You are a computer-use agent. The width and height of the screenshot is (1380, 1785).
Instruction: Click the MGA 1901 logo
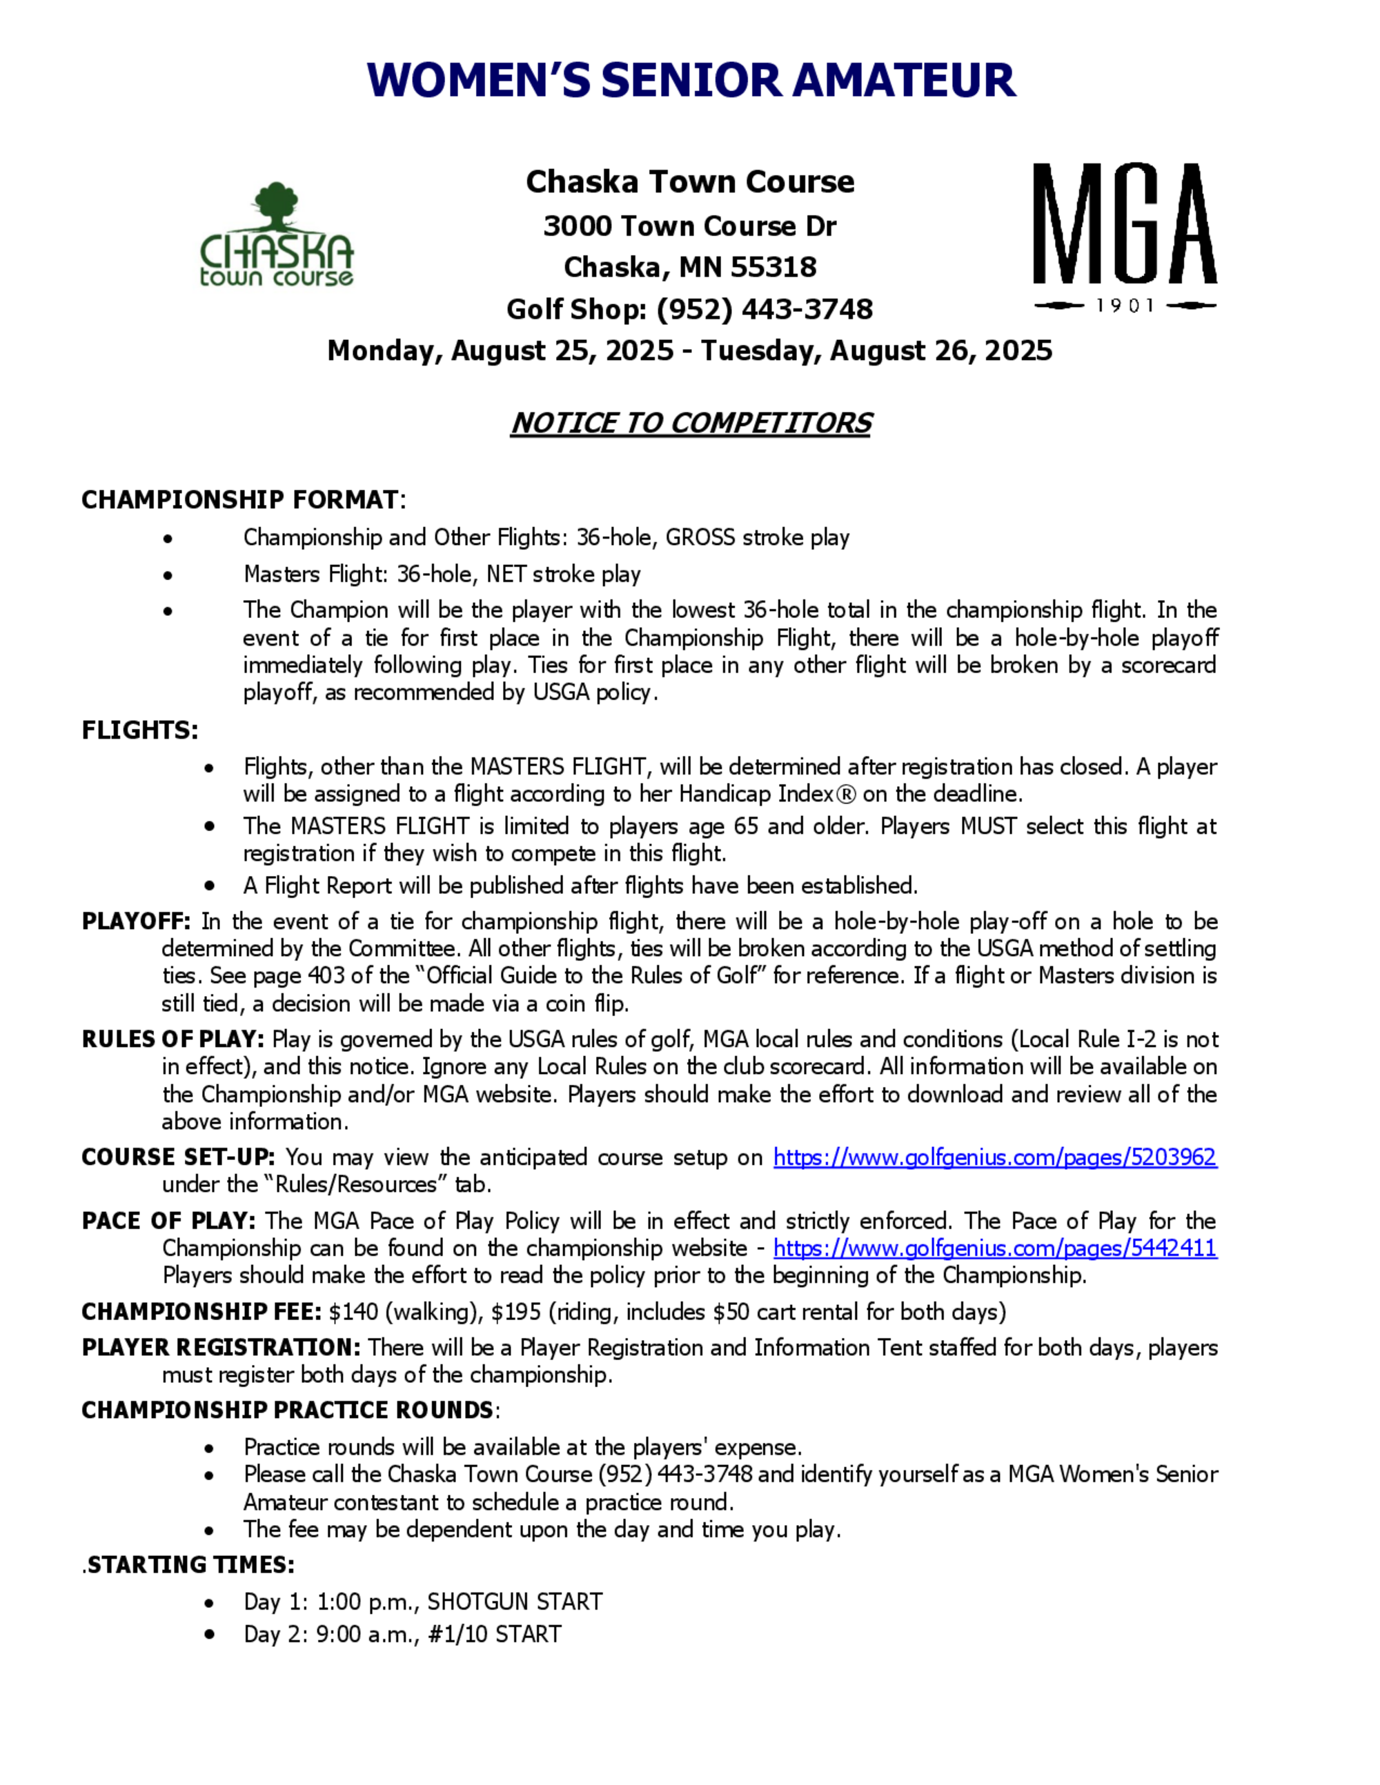[x=1125, y=237]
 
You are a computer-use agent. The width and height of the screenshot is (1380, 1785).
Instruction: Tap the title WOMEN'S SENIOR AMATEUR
[x=691, y=80]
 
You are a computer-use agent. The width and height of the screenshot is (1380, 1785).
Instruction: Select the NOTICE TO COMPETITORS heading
[x=691, y=423]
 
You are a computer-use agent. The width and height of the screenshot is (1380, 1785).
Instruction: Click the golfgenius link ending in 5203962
[x=995, y=1157]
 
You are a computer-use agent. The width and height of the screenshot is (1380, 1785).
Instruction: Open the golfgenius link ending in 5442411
[x=995, y=1248]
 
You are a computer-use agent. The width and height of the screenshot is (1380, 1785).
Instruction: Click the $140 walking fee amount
[x=353, y=1312]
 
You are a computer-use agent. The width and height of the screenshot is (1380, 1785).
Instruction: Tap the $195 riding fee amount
[x=516, y=1312]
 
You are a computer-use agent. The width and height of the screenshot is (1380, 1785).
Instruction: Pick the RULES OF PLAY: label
[x=172, y=1039]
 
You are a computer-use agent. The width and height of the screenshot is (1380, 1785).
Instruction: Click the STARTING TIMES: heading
[x=190, y=1564]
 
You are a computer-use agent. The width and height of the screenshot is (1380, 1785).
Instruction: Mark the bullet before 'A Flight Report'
[x=210, y=886]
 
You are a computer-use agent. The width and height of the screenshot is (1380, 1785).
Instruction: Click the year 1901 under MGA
[x=1125, y=306]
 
